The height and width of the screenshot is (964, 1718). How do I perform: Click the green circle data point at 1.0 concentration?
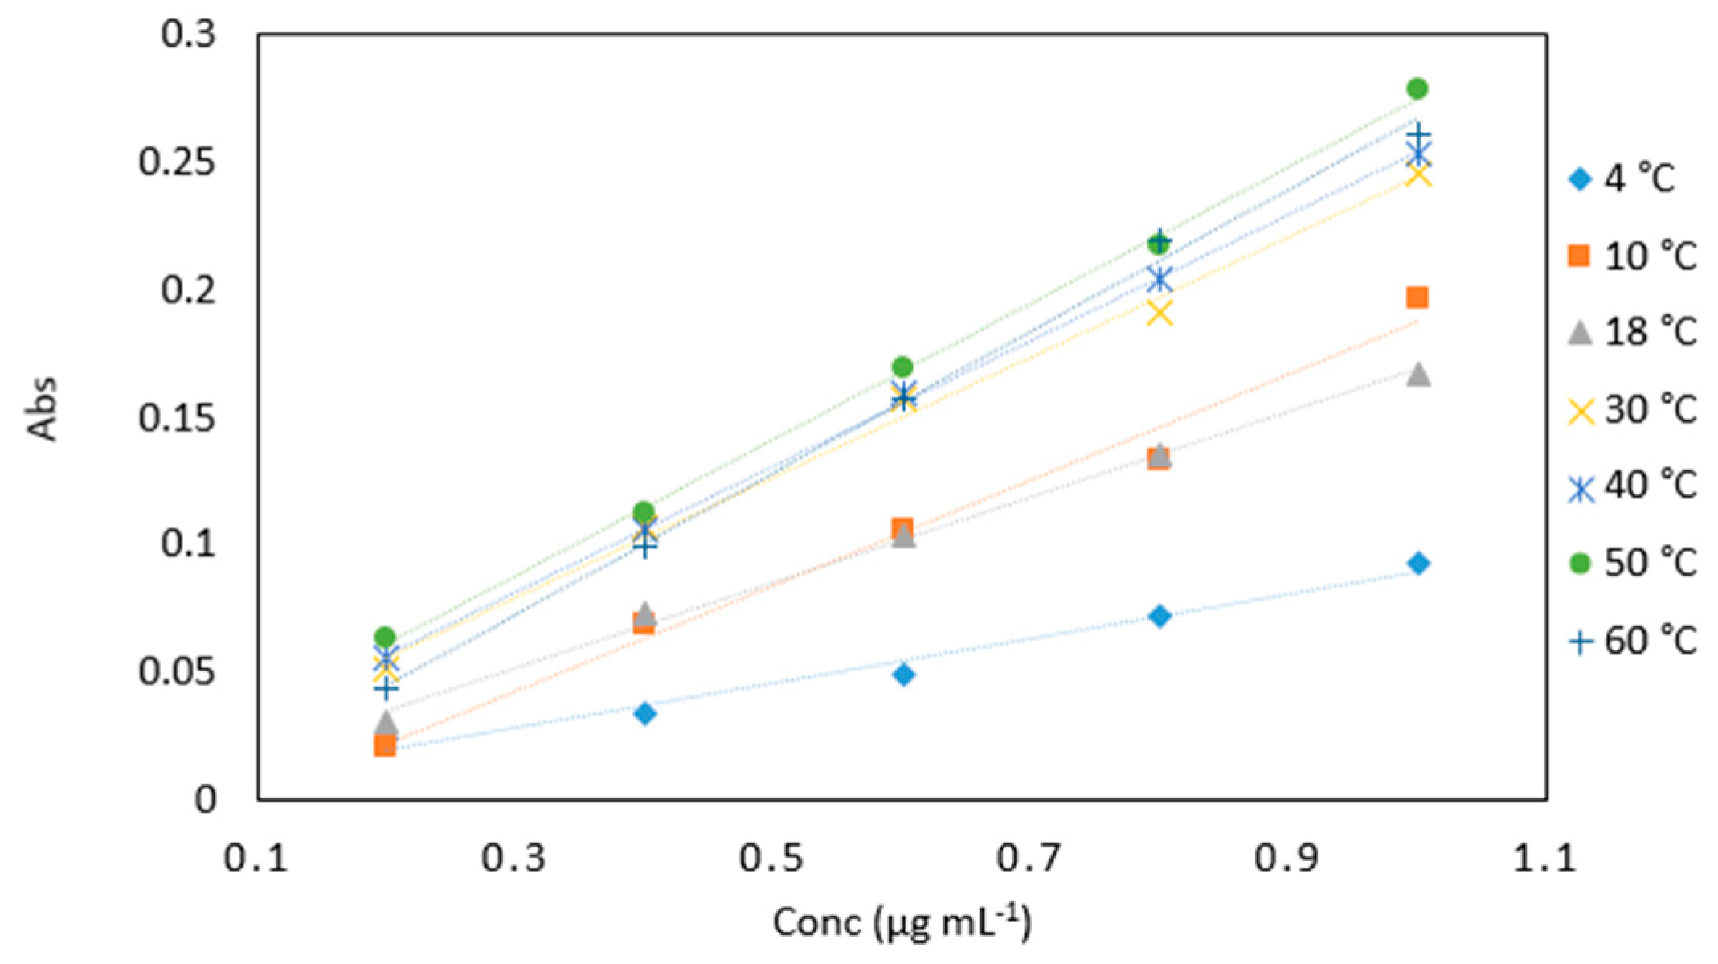tap(1417, 88)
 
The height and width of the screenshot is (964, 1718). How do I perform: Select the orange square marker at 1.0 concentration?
tap(1417, 298)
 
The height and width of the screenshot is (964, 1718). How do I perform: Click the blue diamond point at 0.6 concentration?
tap(903, 675)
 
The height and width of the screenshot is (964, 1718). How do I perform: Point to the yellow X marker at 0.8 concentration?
tap(1160, 313)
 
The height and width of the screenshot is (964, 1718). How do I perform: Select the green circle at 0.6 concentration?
tap(902, 367)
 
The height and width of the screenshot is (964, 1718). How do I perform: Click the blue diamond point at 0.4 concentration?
tap(644, 713)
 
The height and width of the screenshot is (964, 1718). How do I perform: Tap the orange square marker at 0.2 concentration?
tap(385, 746)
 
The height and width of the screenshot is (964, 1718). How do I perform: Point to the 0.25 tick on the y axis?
tap(177, 162)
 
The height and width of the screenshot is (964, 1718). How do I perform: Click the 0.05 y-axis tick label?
tap(177, 672)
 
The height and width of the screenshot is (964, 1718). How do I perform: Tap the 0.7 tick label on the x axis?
tap(1029, 859)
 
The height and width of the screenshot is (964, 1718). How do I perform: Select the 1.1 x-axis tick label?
tap(1544, 859)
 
